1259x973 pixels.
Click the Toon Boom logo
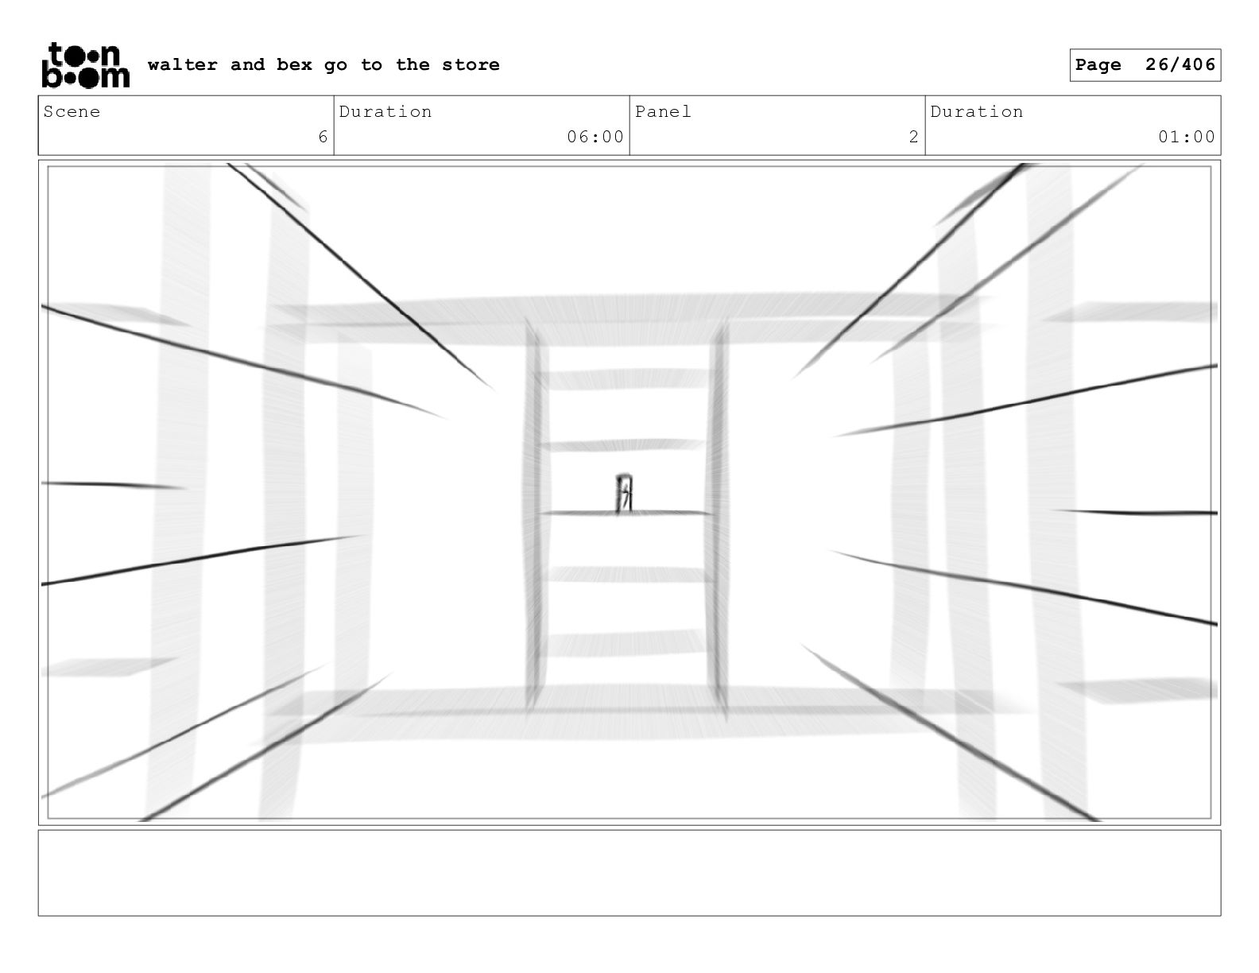[x=85, y=65]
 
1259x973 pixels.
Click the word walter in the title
[x=183, y=65]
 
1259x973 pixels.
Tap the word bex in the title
[x=294, y=65]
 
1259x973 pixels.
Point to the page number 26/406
[x=1180, y=65]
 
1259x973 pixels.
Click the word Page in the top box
[x=1098, y=65]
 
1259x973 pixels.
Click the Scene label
[x=72, y=112]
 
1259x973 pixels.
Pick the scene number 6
[x=323, y=138]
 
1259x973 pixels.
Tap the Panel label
[x=663, y=112]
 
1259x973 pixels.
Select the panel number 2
[x=914, y=138]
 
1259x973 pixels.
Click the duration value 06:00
[x=595, y=138]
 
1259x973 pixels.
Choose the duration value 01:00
[x=1187, y=138]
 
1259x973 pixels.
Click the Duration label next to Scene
[x=385, y=112]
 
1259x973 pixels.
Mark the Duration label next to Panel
[x=977, y=112]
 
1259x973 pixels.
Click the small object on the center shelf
[x=624, y=494]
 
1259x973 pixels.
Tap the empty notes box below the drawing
[x=629, y=873]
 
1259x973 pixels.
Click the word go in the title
[x=335, y=65]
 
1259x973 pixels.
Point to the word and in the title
[x=247, y=65]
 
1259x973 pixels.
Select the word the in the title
[x=413, y=65]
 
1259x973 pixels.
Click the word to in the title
[x=370, y=65]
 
